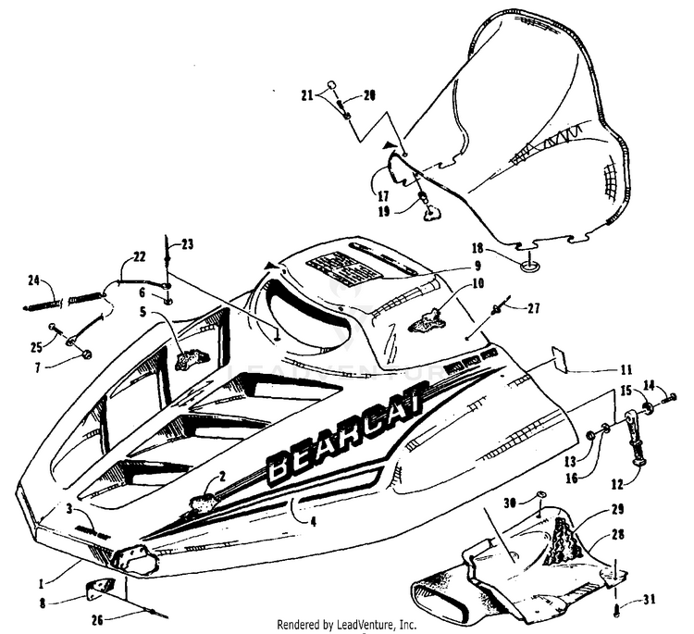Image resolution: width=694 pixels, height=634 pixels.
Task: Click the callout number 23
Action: coord(188,244)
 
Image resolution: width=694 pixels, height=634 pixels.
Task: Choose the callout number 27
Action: coord(534,307)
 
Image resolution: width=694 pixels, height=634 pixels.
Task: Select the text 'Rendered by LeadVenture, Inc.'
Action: coord(347,625)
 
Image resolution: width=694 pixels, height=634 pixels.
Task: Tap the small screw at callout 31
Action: coord(614,609)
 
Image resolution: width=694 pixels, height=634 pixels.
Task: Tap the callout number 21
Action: coord(307,94)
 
